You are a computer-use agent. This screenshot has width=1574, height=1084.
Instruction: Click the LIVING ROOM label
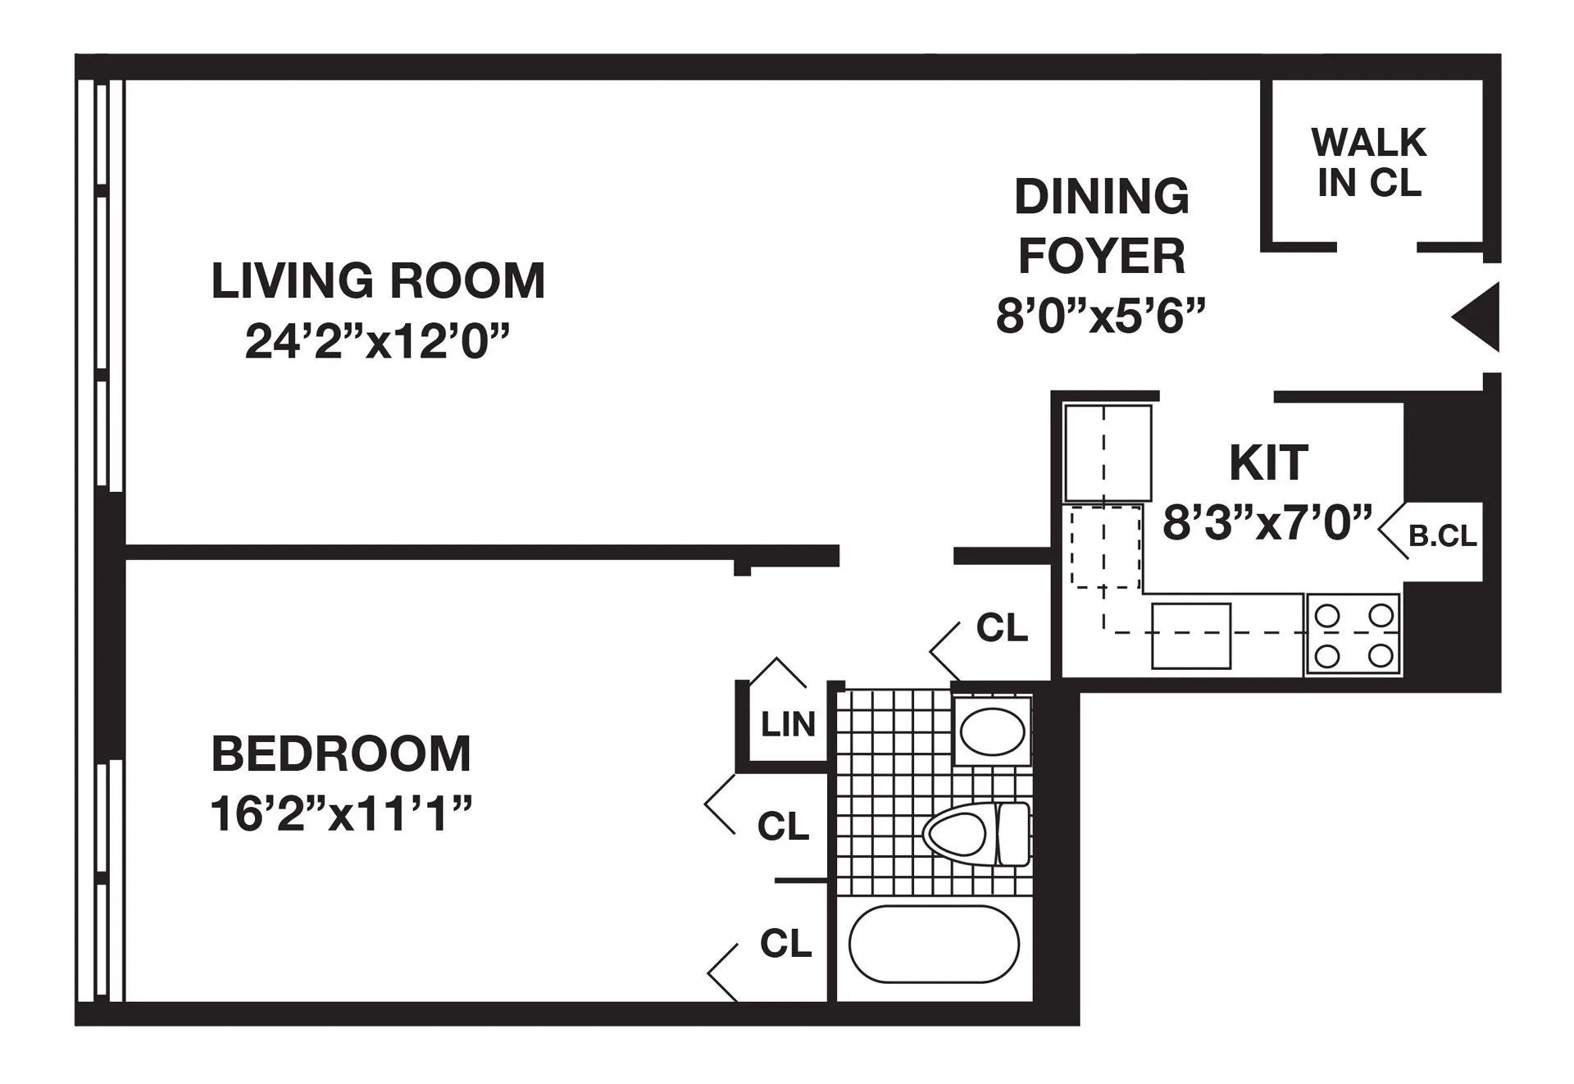click(x=378, y=281)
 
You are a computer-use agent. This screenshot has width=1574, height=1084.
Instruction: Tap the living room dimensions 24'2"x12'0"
click(x=377, y=341)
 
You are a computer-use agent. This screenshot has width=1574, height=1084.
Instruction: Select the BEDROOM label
click(x=341, y=754)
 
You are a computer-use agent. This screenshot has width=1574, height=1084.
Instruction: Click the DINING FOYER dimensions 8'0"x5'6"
click(x=1101, y=316)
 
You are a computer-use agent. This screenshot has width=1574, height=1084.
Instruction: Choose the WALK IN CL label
click(x=1368, y=162)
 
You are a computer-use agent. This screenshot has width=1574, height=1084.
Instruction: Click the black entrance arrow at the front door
click(x=1478, y=317)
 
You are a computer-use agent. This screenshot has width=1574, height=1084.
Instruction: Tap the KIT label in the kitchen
click(x=1268, y=463)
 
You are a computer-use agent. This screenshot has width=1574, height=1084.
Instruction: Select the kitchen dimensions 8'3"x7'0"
click(x=1267, y=522)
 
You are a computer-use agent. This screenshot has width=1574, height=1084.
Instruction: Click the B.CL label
click(x=1442, y=535)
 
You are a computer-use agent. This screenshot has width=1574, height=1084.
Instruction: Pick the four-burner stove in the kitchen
click(x=1353, y=635)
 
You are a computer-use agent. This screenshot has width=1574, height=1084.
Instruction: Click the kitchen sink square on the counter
click(x=1190, y=636)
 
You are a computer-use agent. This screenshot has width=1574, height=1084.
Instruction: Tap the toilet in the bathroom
click(x=976, y=834)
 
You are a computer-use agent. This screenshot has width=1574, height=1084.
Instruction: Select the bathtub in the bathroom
click(x=934, y=944)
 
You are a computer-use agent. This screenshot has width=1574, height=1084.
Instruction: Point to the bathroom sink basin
click(x=992, y=730)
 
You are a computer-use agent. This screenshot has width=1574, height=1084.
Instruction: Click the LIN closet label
click(x=788, y=725)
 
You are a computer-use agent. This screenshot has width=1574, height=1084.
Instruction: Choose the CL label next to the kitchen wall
click(x=1002, y=628)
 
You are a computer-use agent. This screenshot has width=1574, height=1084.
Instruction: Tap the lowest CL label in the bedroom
click(x=785, y=944)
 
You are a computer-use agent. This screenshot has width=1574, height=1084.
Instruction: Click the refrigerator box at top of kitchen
click(x=1107, y=453)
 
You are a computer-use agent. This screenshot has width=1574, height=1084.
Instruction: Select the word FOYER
click(x=1101, y=257)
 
